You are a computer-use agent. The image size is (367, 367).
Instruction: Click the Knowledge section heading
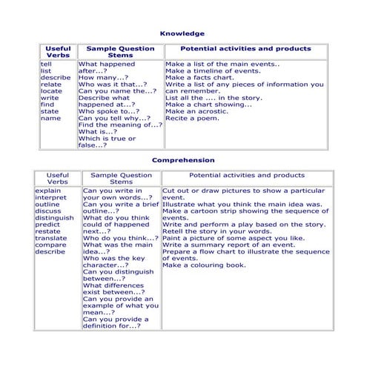[183, 33]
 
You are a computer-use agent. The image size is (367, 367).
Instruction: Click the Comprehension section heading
[183, 159]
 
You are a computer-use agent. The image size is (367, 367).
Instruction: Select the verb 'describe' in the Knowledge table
[56, 77]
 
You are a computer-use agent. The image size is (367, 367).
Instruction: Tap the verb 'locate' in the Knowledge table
[51, 90]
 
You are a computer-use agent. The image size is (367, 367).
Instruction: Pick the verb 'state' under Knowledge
[49, 111]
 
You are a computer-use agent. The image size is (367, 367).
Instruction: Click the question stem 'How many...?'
[103, 77]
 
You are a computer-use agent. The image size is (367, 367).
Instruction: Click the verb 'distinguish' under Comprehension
[54, 217]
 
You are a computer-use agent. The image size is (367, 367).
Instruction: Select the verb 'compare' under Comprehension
[50, 245]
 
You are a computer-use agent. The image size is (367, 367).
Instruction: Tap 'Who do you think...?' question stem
[119, 237]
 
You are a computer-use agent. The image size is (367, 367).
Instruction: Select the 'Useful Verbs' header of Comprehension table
[57, 179]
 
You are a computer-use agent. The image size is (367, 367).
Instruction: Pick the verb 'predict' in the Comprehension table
[48, 224]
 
